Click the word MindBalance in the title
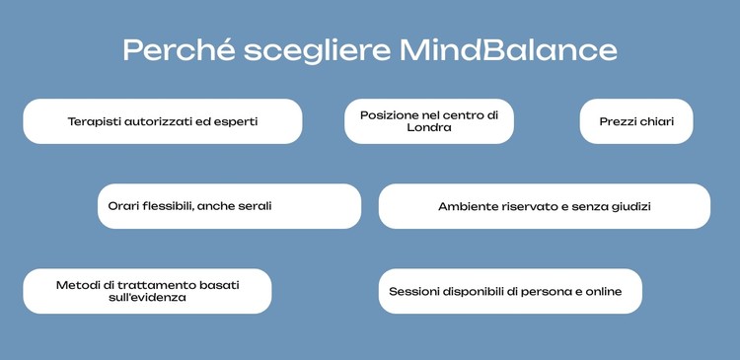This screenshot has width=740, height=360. pyautogui.click(x=509, y=49)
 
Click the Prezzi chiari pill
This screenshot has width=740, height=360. pyautogui.click(x=636, y=121)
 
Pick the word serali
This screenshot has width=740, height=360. pyautogui.click(x=254, y=206)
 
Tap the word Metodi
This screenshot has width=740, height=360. pyautogui.click(x=76, y=284)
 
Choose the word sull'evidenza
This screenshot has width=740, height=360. pyautogui.click(x=148, y=298)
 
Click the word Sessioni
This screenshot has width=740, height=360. pyautogui.click(x=416, y=291)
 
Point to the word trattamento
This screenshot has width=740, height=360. pyautogui.click(x=156, y=284)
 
